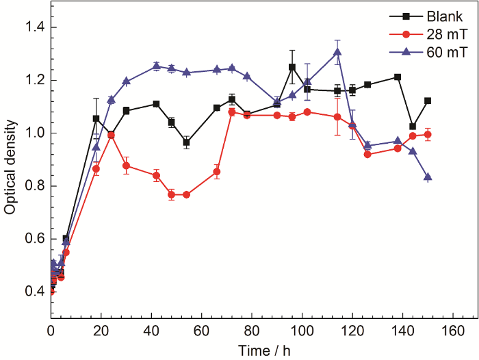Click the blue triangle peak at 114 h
[337, 52]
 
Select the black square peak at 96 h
[292, 67]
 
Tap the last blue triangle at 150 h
[428, 177]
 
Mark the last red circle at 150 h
[428, 134]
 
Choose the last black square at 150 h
[428, 101]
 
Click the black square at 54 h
[186, 142]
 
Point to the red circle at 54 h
[186, 194]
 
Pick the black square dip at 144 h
[413, 127]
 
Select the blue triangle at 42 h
[157, 66]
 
